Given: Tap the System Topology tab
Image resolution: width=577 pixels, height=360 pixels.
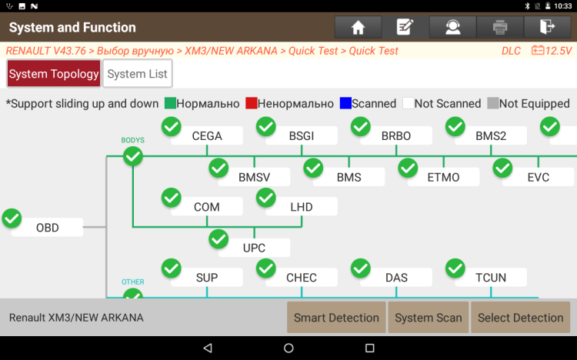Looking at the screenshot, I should [54, 75].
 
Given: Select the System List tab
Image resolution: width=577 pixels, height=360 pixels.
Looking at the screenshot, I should [137, 75].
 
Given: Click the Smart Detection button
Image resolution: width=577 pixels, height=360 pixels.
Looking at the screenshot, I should [336, 318].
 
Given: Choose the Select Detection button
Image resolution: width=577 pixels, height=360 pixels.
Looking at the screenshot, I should [520, 318].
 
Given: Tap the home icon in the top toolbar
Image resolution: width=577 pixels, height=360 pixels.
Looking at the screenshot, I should [358, 28].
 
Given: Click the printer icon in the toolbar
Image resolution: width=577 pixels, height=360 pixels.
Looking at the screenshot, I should [500, 28].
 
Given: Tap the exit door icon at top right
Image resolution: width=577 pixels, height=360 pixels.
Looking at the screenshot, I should [547, 28].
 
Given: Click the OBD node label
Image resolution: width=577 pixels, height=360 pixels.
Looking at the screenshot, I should [48, 228].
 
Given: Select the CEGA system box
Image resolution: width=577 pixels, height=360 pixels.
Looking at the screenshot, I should [207, 136].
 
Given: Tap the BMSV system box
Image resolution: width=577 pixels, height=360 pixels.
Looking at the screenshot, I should [254, 178].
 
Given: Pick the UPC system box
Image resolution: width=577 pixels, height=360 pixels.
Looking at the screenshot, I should [254, 248].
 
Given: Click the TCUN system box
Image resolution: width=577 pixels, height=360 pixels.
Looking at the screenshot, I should [491, 278].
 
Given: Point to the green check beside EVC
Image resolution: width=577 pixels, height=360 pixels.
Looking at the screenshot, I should [502, 168].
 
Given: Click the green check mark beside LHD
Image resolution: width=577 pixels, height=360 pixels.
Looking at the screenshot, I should [265, 198].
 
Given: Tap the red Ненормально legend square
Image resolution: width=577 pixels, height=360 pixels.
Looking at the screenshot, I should [251, 104].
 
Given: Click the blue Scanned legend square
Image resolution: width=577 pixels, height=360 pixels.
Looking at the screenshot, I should [345, 104].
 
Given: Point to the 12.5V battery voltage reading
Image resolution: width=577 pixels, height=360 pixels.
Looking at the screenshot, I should [552, 52].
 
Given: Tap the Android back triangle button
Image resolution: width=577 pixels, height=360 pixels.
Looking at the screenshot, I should [207, 348].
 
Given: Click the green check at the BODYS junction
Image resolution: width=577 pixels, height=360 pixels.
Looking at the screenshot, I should [133, 156].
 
